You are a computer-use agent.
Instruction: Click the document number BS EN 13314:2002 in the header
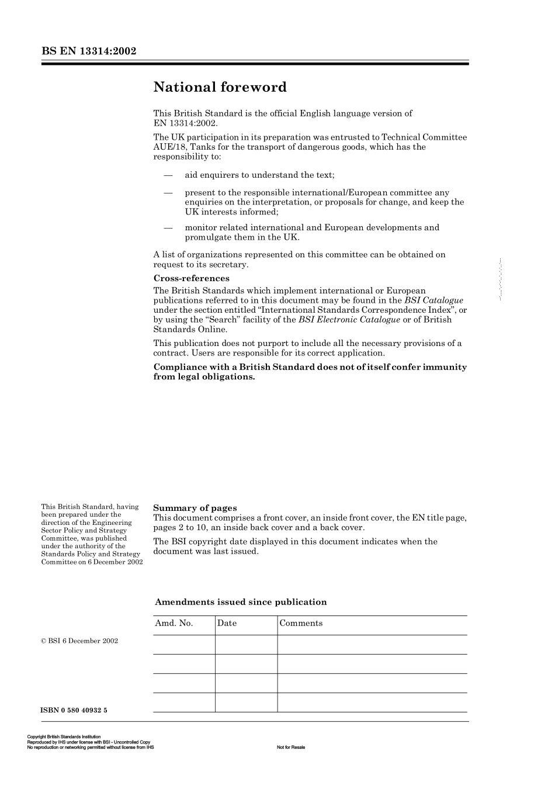(89, 51)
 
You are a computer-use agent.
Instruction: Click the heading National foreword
(220, 87)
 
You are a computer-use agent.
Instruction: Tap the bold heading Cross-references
(192, 278)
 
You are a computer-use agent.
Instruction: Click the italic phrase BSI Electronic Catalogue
(349, 319)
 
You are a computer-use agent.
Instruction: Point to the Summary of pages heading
(195, 508)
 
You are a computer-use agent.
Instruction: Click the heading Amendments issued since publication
(241, 602)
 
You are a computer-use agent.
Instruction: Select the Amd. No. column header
(174, 623)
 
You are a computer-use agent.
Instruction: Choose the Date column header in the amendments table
(227, 623)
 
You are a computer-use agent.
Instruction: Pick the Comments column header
(301, 623)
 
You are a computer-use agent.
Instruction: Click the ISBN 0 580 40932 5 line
(74, 710)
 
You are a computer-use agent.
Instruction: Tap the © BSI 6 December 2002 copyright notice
(79, 641)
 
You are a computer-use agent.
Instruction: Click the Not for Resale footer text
(291, 747)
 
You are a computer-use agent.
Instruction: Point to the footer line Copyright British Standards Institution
(64, 737)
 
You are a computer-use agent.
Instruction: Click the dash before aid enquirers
(168, 175)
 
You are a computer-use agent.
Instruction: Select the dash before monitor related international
(168, 227)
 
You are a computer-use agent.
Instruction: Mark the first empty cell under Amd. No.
(184, 645)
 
